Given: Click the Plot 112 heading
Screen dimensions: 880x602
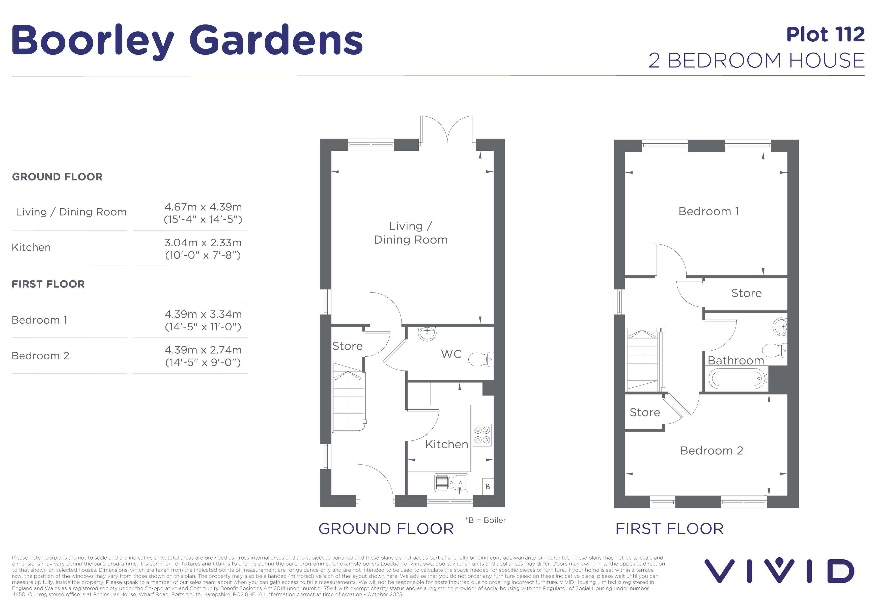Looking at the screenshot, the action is [826, 35].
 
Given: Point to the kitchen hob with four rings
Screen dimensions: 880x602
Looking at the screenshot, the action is [482, 435].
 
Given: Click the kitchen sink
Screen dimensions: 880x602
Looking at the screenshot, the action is [451, 483].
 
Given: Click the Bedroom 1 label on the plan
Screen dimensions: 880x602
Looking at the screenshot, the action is [708, 212].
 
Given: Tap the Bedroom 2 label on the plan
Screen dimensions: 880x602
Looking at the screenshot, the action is [712, 451].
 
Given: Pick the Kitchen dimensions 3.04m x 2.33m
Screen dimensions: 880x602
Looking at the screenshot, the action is [203, 249].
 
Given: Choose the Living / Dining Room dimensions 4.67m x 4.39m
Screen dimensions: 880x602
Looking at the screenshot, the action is [203, 213].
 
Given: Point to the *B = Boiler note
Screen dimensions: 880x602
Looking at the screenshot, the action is [486, 520].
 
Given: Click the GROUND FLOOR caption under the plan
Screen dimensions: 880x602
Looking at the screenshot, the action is [386, 529].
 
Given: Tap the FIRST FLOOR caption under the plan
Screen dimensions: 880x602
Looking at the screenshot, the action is [669, 529].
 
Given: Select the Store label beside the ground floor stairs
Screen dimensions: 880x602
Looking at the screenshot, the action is [347, 346].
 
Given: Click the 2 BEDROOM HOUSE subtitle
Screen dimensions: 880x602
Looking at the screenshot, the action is [757, 61].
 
